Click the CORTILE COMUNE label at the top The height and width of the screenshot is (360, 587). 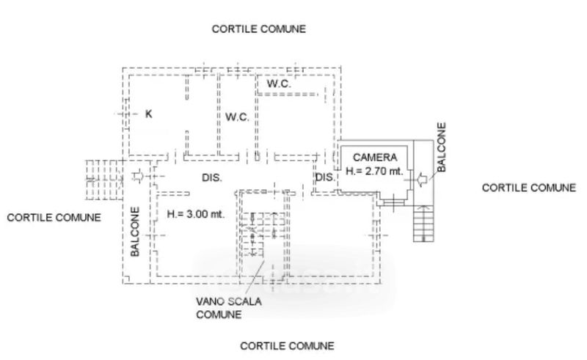[259, 29]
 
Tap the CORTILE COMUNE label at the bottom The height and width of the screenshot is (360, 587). [287, 346]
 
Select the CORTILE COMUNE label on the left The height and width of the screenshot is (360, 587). [54, 218]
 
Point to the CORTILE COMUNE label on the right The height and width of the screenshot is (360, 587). [528, 188]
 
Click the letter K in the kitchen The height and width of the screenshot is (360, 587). [149, 114]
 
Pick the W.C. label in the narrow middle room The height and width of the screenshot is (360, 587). [237, 117]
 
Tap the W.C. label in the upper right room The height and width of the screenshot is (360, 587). [279, 84]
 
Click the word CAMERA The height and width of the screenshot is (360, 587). [375, 157]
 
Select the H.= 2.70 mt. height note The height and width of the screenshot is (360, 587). [374, 171]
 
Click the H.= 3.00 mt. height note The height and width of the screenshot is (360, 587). [196, 214]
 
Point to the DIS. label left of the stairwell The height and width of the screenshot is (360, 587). [212, 177]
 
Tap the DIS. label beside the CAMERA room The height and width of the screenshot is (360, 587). [325, 177]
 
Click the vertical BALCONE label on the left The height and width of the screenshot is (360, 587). [135, 232]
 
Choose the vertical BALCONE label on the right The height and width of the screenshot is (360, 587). [442, 147]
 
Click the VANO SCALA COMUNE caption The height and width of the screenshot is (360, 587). [229, 308]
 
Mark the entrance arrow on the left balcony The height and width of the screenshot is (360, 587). [138, 176]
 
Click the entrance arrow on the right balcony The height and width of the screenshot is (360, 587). [421, 180]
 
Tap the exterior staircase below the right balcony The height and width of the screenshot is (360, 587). [423, 224]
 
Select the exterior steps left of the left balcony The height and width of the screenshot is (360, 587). [104, 180]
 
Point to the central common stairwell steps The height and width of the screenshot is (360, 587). [262, 234]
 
